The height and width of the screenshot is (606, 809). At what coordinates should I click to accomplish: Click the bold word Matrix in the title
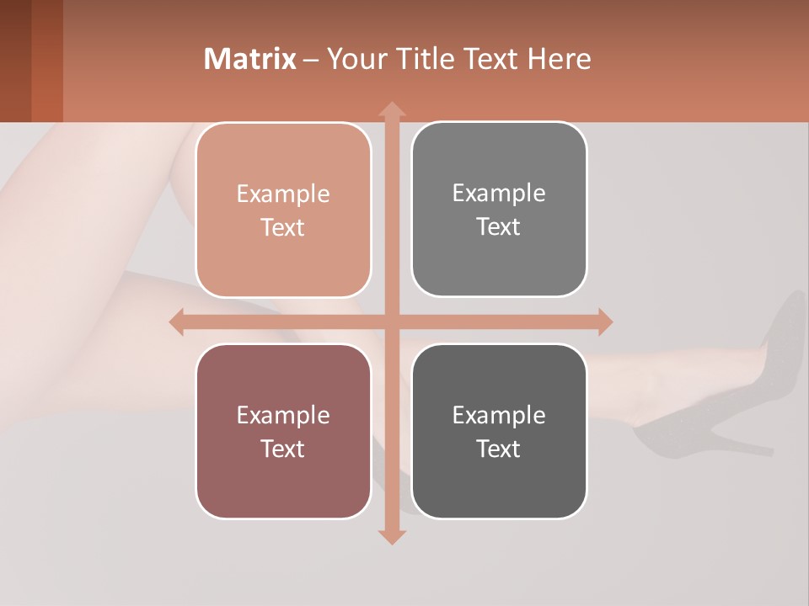(x=250, y=59)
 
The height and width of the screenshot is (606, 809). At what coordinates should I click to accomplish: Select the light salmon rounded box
(x=283, y=210)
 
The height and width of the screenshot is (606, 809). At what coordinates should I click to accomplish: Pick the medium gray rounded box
(x=499, y=210)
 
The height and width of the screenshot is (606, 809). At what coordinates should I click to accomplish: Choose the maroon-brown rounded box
(x=283, y=432)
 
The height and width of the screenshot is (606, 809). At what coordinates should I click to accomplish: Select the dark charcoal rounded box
(x=499, y=432)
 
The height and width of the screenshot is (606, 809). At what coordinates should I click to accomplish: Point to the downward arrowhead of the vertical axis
(x=391, y=536)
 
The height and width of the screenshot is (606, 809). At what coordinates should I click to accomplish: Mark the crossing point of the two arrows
(x=391, y=322)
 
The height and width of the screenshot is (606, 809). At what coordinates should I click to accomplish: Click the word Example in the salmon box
(x=283, y=194)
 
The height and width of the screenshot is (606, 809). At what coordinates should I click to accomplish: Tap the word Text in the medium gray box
(x=499, y=227)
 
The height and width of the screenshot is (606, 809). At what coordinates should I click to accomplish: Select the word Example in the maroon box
(x=283, y=415)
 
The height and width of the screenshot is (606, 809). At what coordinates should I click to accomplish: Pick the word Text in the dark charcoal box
(x=499, y=449)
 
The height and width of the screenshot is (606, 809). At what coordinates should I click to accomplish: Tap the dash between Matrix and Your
(x=311, y=60)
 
